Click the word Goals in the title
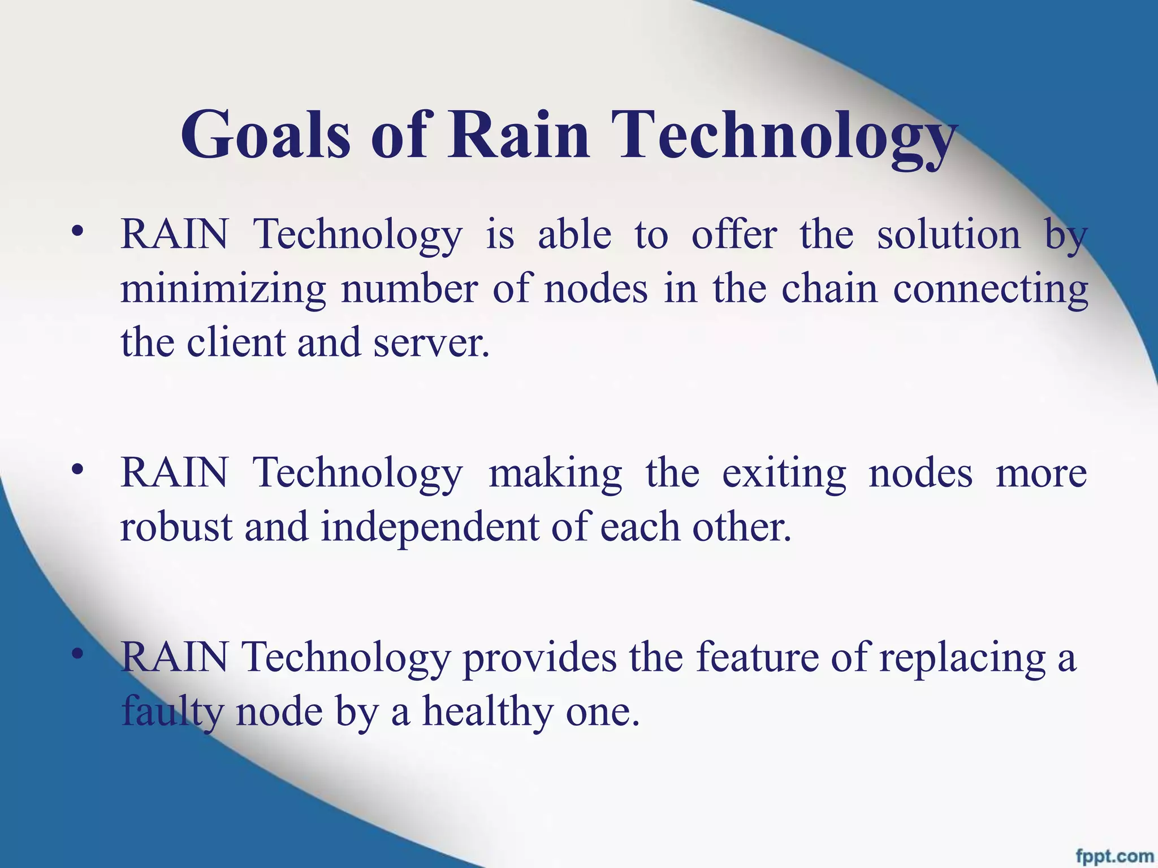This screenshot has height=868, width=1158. [266, 136]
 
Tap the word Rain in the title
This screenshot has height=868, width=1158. [518, 136]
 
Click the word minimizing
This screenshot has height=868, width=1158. [223, 290]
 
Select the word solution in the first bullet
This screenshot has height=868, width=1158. [949, 235]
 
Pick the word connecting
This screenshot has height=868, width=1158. [990, 290]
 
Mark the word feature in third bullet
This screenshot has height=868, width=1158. [757, 657]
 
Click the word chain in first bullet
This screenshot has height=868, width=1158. [829, 289]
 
